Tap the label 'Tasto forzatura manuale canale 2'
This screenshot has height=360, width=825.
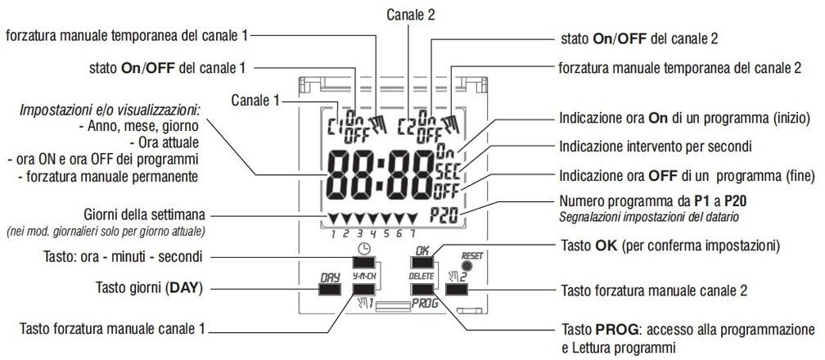(655, 291)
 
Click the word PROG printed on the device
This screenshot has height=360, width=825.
(425, 303)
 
